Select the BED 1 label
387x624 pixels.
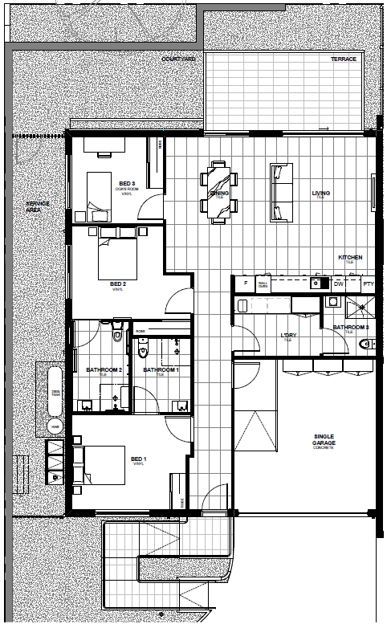click(x=139, y=459)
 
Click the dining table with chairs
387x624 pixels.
click(x=219, y=191)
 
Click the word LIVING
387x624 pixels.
click(x=321, y=193)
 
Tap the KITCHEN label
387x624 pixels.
click(x=350, y=258)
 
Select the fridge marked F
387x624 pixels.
click(x=244, y=283)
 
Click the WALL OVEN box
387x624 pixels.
click(x=263, y=283)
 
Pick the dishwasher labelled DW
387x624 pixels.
click(x=338, y=283)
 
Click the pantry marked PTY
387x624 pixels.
click(x=368, y=283)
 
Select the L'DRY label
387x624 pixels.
click(x=287, y=335)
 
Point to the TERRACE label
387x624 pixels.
click(x=343, y=60)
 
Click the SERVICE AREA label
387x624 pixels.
click(x=37, y=206)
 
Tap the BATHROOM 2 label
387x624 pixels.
click(x=103, y=370)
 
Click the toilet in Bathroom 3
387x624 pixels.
click(x=367, y=343)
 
